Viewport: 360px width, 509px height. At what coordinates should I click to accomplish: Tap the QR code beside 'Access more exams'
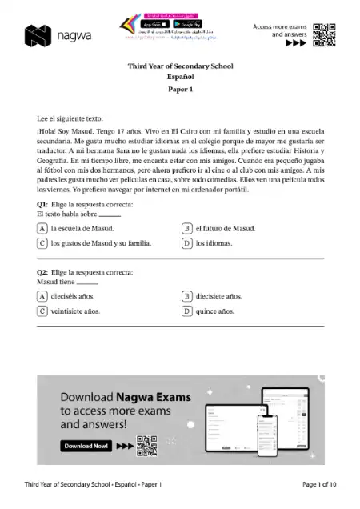click(323, 34)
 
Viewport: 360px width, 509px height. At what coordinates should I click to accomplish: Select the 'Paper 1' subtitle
click(180, 90)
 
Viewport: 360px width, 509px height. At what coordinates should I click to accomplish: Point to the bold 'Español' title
click(180, 78)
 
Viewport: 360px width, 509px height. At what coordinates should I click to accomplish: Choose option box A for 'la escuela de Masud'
click(42, 228)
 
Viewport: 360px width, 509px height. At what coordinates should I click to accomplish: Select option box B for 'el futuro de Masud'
click(187, 228)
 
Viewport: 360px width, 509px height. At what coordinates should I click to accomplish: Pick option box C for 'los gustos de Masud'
click(42, 243)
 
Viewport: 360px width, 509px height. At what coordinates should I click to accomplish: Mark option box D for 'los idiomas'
click(187, 243)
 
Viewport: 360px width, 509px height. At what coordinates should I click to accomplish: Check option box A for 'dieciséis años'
click(42, 296)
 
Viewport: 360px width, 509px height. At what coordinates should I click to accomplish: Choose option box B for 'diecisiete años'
click(187, 296)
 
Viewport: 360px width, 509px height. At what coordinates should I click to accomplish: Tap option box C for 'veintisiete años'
click(42, 311)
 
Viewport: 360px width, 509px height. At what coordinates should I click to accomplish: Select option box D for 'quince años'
click(187, 311)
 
